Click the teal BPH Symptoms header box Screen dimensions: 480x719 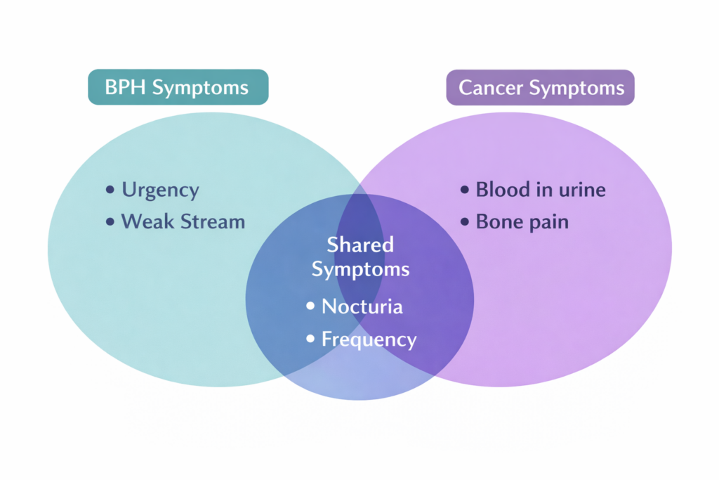[x=178, y=87]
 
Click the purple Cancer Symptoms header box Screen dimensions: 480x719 [x=540, y=88]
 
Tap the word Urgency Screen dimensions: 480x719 [x=160, y=190]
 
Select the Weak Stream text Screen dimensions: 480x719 [x=183, y=222]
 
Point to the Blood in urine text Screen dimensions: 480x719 [x=540, y=190]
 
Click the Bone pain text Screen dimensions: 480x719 [x=522, y=222]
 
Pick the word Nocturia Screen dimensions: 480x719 [x=362, y=306]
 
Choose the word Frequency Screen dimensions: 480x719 [x=369, y=339]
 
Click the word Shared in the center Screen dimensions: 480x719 [x=360, y=245]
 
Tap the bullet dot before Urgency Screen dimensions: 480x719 [x=110, y=190]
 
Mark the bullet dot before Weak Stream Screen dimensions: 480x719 [x=110, y=223]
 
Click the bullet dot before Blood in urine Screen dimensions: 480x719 [x=464, y=190]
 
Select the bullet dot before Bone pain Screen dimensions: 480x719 [x=464, y=223]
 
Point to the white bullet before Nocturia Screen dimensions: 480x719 [x=310, y=307]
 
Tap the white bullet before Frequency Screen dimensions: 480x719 [x=310, y=340]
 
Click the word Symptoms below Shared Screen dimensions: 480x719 [x=360, y=269]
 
